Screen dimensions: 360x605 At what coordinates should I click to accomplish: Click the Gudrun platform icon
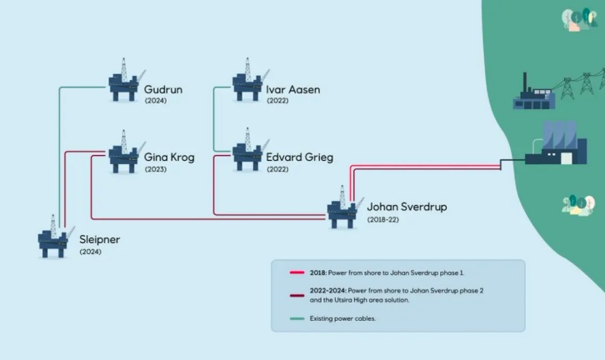pyautogui.click(x=126, y=82)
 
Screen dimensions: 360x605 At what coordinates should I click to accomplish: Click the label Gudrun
pyautogui.click(x=163, y=89)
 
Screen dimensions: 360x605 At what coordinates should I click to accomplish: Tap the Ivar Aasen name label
pyautogui.click(x=292, y=89)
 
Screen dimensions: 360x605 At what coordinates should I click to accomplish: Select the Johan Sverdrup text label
pyautogui.click(x=407, y=207)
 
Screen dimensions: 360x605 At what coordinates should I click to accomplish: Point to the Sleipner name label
pyautogui.click(x=100, y=239)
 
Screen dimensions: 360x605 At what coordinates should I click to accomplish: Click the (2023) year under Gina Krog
pyautogui.click(x=156, y=169)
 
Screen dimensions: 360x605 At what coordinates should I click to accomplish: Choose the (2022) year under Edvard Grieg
pyautogui.click(x=277, y=169)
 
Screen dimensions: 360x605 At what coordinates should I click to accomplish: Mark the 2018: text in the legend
pyautogui.click(x=320, y=272)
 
